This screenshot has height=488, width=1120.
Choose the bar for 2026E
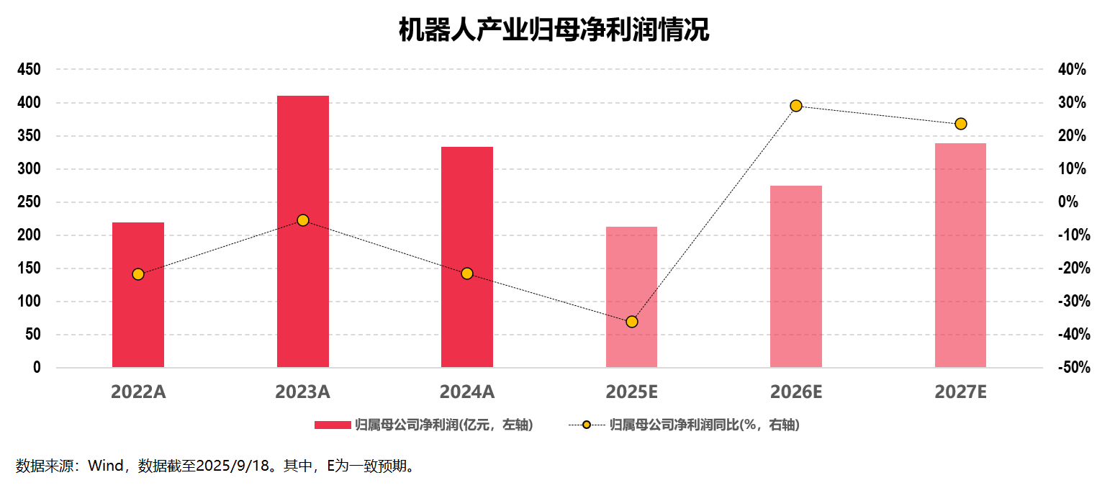[x=796, y=277]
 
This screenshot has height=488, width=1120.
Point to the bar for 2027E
[x=960, y=256]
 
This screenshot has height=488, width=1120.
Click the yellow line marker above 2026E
[x=796, y=106]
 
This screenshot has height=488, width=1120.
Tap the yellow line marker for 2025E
[x=632, y=322]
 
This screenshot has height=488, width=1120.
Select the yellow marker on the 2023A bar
[x=303, y=220]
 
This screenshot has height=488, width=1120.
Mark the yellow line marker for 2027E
[x=960, y=124]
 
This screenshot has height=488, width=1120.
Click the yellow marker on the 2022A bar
[x=138, y=274]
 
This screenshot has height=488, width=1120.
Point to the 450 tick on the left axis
[x=30, y=70]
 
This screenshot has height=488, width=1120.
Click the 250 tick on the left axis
[x=30, y=202]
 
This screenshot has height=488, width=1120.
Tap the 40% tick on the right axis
[x=1072, y=70]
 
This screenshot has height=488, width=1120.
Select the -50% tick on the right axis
[x=1072, y=368]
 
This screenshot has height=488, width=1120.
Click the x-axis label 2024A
[x=467, y=392]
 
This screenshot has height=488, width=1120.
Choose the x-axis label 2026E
[x=796, y=392]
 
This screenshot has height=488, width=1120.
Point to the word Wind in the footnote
[x=104, y=466]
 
